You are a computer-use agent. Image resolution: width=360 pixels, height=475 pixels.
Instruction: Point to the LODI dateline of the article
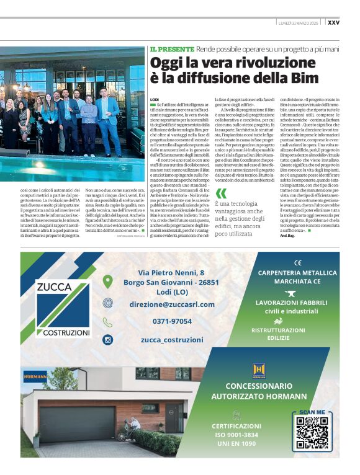click(155, 99)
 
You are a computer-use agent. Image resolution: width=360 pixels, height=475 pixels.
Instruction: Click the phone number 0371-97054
click(173, 321)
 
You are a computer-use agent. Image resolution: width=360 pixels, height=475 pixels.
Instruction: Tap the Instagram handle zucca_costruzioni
click(173, 340)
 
